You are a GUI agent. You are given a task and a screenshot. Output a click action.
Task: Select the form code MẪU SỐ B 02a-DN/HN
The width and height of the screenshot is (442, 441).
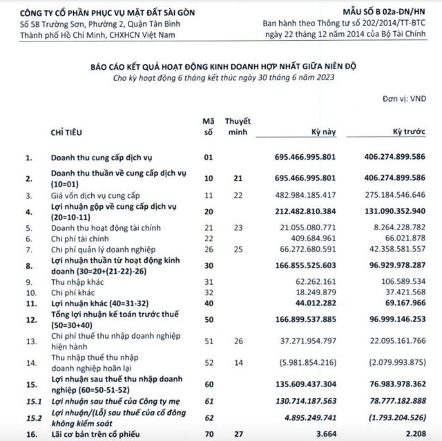coord(391,10)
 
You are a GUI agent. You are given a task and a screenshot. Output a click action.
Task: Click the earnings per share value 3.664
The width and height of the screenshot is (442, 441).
coord(324,433)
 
